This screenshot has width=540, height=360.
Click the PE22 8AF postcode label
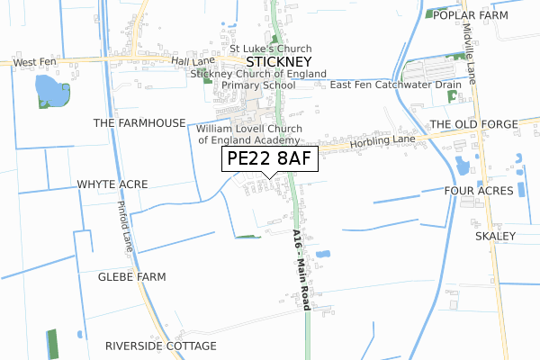pyautogui.click(x=270, y=159)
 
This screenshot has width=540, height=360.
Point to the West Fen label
pyautogui.click(x=35, y=62)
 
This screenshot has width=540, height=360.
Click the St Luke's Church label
pyautogui.click(x=271, y=49)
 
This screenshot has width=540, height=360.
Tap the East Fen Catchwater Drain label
pyautogui.click(x=396, y=85)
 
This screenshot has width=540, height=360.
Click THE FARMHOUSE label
pyautogui.click(x=139, y=122)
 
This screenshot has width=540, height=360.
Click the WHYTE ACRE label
pyautogui.click(x=112, y=184)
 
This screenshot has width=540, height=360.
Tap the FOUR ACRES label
pyautogui.click(x=479, y=191)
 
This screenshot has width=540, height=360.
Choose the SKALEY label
pyautogui.click(x=495, y=236)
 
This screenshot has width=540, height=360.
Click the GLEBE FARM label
pyautogui.click(x=132, y=277)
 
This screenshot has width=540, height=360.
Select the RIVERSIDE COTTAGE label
pyautogui.click(x=161, y=346)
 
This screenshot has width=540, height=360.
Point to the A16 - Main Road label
pyautogui.click(x=301, y=270)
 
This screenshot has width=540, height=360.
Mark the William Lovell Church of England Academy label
pyautogui.click(x=248, y=135)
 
